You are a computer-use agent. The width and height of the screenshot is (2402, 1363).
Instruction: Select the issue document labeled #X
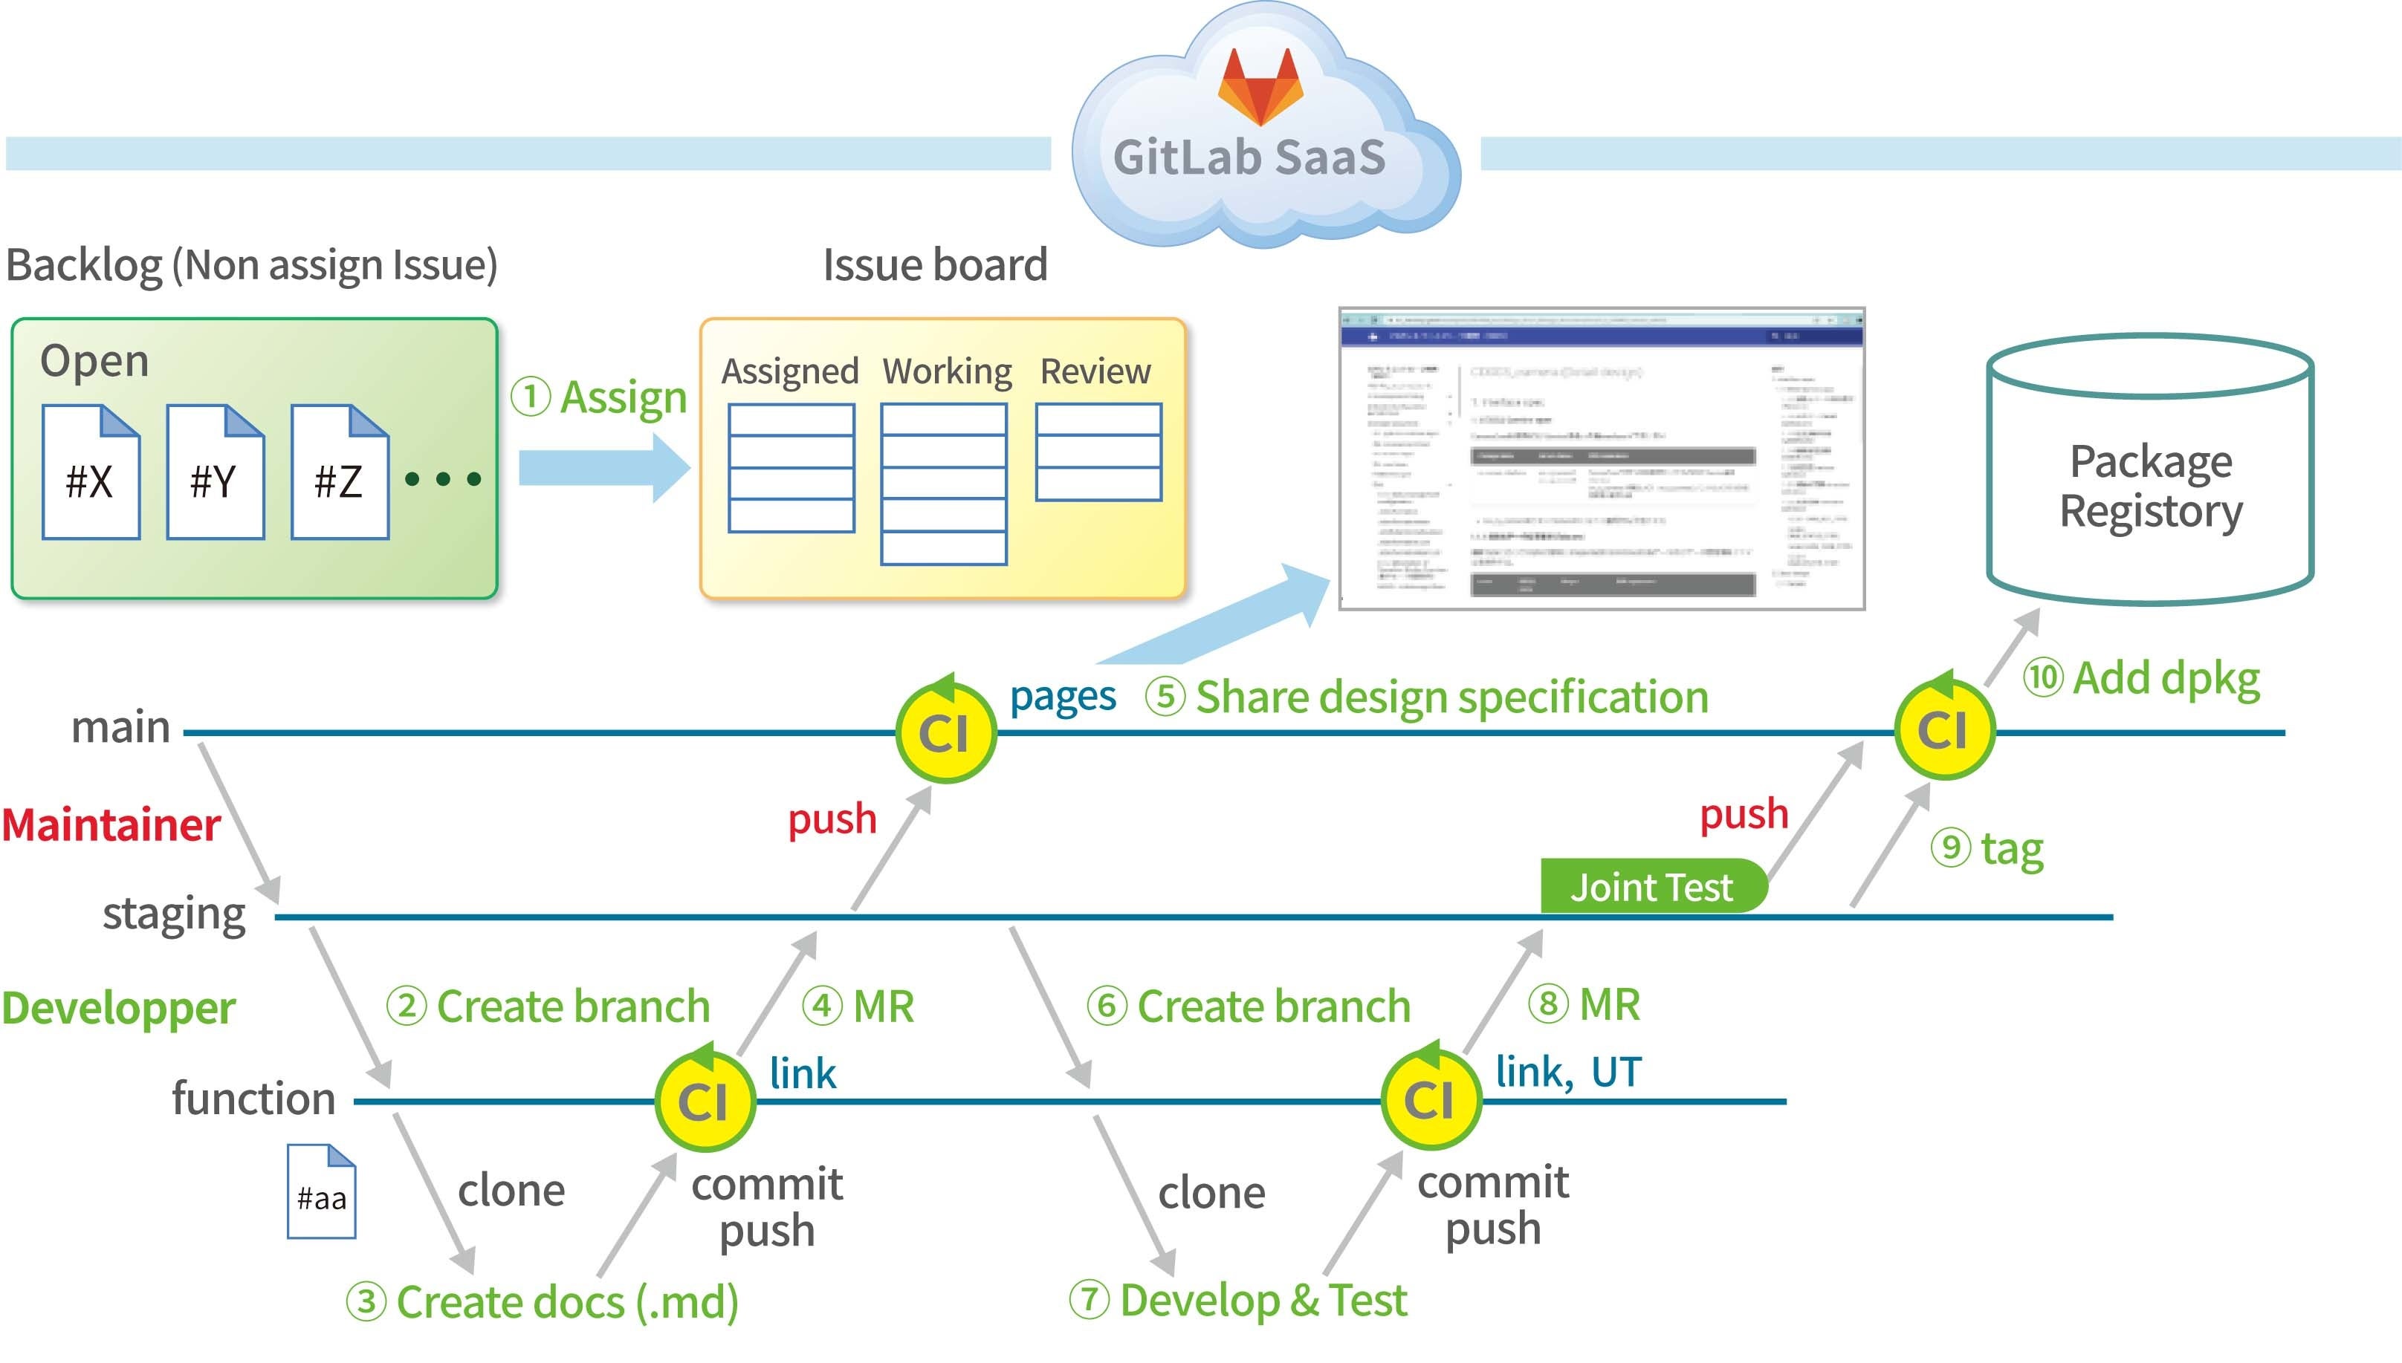[91, 472]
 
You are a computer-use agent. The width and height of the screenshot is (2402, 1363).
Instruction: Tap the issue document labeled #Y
[216, 472]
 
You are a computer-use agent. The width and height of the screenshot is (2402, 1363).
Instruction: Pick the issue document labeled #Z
[339, 472]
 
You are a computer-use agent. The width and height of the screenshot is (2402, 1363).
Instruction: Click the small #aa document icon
[321, 1191]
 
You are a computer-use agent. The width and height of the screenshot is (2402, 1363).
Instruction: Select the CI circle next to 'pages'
[945, 732]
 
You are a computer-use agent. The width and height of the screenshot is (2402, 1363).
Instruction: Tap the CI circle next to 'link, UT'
[1430, 1100]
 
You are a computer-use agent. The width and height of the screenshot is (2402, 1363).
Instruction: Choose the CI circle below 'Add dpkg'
[1944, 730]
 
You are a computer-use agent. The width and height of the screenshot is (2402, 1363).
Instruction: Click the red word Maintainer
[111, 824]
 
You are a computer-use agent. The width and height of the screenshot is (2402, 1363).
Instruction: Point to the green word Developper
[119, 1008]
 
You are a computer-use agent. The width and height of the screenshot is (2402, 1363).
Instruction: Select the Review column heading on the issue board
[1095, 371]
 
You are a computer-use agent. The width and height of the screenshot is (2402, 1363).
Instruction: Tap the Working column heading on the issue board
[947, 371]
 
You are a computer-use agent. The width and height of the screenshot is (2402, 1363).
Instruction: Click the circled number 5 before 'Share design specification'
[1165, 697]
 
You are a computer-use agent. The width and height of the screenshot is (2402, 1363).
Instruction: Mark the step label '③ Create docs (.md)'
[543, 1302]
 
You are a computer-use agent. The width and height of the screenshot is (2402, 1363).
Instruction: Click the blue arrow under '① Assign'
[604, 468]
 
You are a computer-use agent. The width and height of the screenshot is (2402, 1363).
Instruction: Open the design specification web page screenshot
[1602, 459]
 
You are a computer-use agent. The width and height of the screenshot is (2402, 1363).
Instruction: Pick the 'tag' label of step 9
[2012, 849]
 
